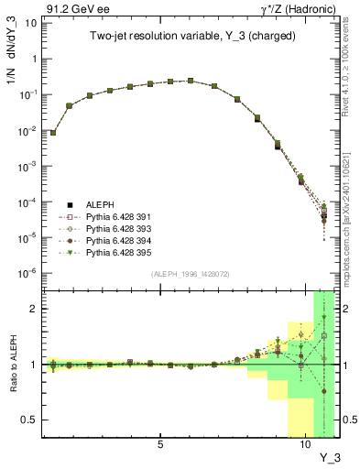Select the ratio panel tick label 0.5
coord(29,420)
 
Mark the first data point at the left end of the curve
coord(53,132)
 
